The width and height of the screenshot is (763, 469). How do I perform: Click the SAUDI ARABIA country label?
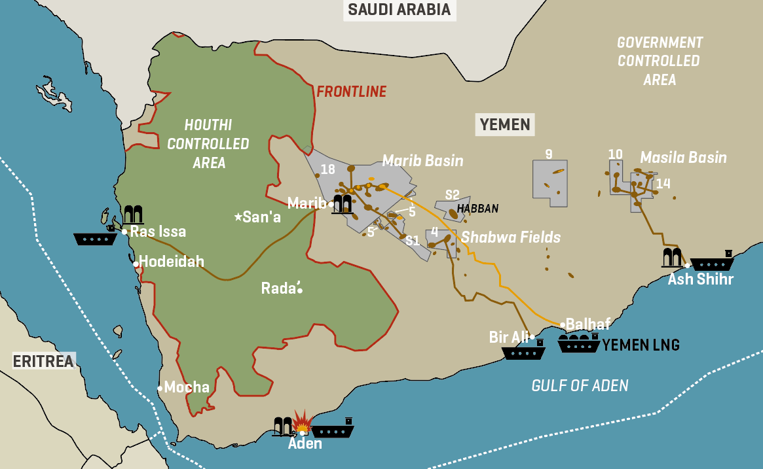pos(399,10)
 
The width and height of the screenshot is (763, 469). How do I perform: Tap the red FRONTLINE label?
pos(352,92)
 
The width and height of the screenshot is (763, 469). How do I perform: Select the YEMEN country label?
pos(504,124)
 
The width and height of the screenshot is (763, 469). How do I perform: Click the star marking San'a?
pos(238,217)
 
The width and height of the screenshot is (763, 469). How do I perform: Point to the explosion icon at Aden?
pos(301,423)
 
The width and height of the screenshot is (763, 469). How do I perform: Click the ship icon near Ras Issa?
pos(95,238)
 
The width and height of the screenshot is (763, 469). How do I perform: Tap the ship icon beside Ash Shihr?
pos(712,262)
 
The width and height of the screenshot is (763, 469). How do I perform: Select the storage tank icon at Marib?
pos(342,204)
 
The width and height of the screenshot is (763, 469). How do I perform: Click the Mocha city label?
pos(187,387)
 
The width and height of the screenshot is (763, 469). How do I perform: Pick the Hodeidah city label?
pos(172,262)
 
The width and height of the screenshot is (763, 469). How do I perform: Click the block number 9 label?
pos(549,154)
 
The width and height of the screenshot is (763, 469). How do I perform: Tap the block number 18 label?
pos(328,169)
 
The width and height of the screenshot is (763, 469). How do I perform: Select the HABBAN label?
pos(477,209)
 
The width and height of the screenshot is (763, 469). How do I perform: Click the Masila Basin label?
pos(683,158)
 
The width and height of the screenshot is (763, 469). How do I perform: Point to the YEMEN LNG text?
pos(641,345)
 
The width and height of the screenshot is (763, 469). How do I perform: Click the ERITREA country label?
pos(43,361)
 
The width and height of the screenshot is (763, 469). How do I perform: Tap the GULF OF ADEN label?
pos(580,385)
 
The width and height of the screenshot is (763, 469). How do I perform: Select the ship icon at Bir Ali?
pos(523,352)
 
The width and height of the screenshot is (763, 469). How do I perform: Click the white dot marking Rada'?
pos(300,290)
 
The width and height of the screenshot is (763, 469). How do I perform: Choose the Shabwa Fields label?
pos(511,237)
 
